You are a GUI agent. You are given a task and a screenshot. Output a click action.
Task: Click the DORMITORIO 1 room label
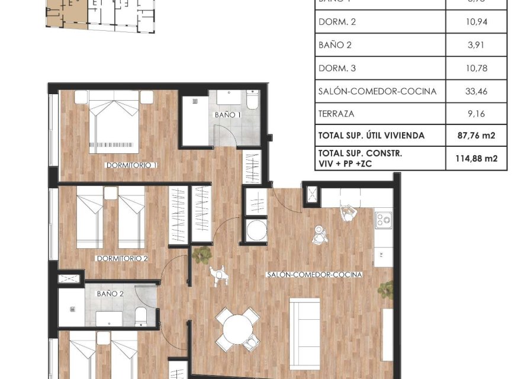tap(131, 165)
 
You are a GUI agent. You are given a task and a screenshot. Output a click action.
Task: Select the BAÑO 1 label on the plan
tap(227, 115)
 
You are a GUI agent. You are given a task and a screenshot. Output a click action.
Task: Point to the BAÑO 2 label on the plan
tap(110, 293)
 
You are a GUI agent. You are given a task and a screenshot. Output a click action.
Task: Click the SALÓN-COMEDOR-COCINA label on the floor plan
tap(314, 275)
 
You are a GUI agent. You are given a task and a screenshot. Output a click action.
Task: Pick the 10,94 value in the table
tap(476, 23)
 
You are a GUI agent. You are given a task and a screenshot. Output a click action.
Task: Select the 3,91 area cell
tap(476, 46)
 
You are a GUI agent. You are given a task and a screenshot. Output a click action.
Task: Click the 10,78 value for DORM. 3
tap(476, 69)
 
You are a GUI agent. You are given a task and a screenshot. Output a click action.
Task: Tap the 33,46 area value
tap(476, 91)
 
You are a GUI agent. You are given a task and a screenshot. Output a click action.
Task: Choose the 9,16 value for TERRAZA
tap(476, 114)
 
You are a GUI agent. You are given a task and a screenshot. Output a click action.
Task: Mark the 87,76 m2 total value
tap(476, 136)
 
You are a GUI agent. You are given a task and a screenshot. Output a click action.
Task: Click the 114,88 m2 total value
tap(476, 158)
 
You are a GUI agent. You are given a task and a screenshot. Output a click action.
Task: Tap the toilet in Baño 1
tap(252, 101)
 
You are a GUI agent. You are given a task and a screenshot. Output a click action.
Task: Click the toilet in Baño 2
tap(140, 316)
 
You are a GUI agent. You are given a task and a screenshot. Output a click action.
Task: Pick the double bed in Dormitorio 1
tap(115, 124)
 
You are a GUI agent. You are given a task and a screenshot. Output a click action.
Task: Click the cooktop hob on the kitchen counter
tap(383, 219)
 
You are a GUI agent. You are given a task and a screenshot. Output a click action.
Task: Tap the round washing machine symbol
tap(256, 230)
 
